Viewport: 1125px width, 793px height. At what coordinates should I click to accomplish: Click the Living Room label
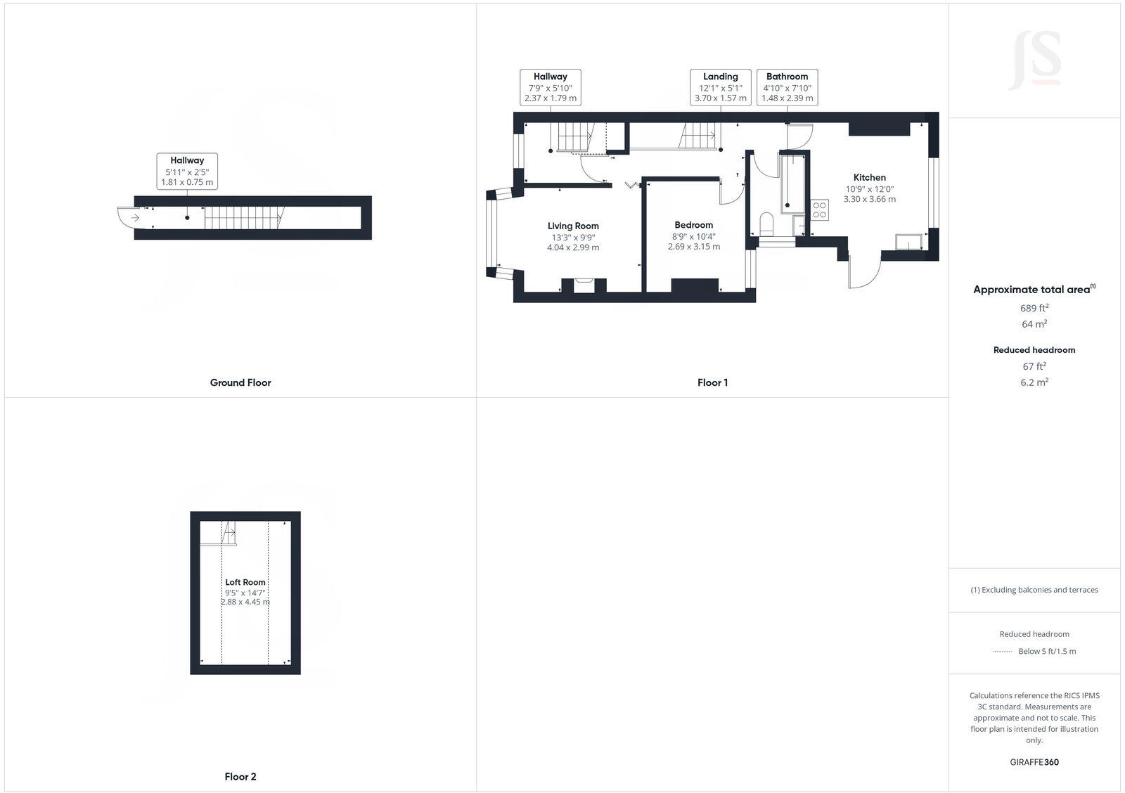(x=573, y=226)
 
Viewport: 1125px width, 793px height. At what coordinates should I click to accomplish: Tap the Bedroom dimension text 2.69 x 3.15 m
(x=693, y=247)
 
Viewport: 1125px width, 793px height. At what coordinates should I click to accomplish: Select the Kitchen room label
(x=869, y=177)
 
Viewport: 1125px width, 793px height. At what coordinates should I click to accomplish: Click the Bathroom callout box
(x=787, y=87)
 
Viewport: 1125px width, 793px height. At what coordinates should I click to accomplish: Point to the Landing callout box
(x=720, y=87)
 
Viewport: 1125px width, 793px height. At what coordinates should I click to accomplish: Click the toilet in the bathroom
(x=766, y=224)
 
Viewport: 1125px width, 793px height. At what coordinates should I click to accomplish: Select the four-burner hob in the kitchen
(x=820, y=209)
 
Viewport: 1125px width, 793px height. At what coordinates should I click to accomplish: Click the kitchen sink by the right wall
(x=908, y=243)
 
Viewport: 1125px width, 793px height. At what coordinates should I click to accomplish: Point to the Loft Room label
(x=245, y=582)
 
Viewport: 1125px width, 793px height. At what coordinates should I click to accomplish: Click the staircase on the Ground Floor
(x=243, y=218)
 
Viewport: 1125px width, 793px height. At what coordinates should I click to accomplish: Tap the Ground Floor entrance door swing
(x=130, y=218)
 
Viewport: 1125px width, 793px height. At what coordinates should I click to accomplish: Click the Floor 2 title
(x=240, y=777)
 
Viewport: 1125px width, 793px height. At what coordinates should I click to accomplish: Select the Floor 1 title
(x=712, y=382)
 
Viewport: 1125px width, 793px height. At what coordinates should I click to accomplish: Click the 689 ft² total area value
(x=1034, y=308)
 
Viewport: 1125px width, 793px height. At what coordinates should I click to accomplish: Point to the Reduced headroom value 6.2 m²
(x=1034, y=382)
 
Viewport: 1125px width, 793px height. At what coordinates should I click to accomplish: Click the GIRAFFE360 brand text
(x=1034, y=762)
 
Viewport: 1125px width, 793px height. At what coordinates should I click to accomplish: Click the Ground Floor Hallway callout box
(x=186, y=171)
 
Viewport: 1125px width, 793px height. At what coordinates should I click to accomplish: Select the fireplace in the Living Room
(x=584, y=285)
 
